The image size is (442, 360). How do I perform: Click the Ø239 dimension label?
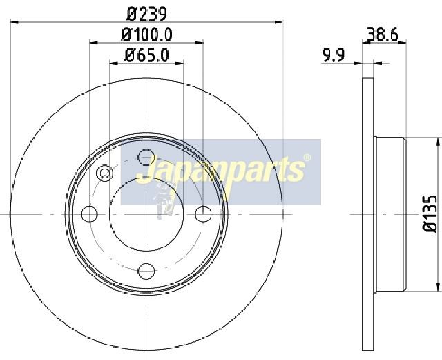tap(146, 14)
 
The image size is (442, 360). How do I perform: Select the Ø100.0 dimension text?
tap(146, 35)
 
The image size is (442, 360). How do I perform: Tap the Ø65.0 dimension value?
tap(146, 55)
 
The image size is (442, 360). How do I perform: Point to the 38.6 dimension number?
tap(383, 35)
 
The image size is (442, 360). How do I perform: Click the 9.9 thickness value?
tap(334, 55)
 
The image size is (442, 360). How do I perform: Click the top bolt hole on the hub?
tap(146, 157)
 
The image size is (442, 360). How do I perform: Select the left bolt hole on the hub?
tap(89, 214)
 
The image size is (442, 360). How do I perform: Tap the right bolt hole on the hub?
tap(203, 214)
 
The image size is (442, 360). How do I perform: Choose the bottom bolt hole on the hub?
tap(146, 271)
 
